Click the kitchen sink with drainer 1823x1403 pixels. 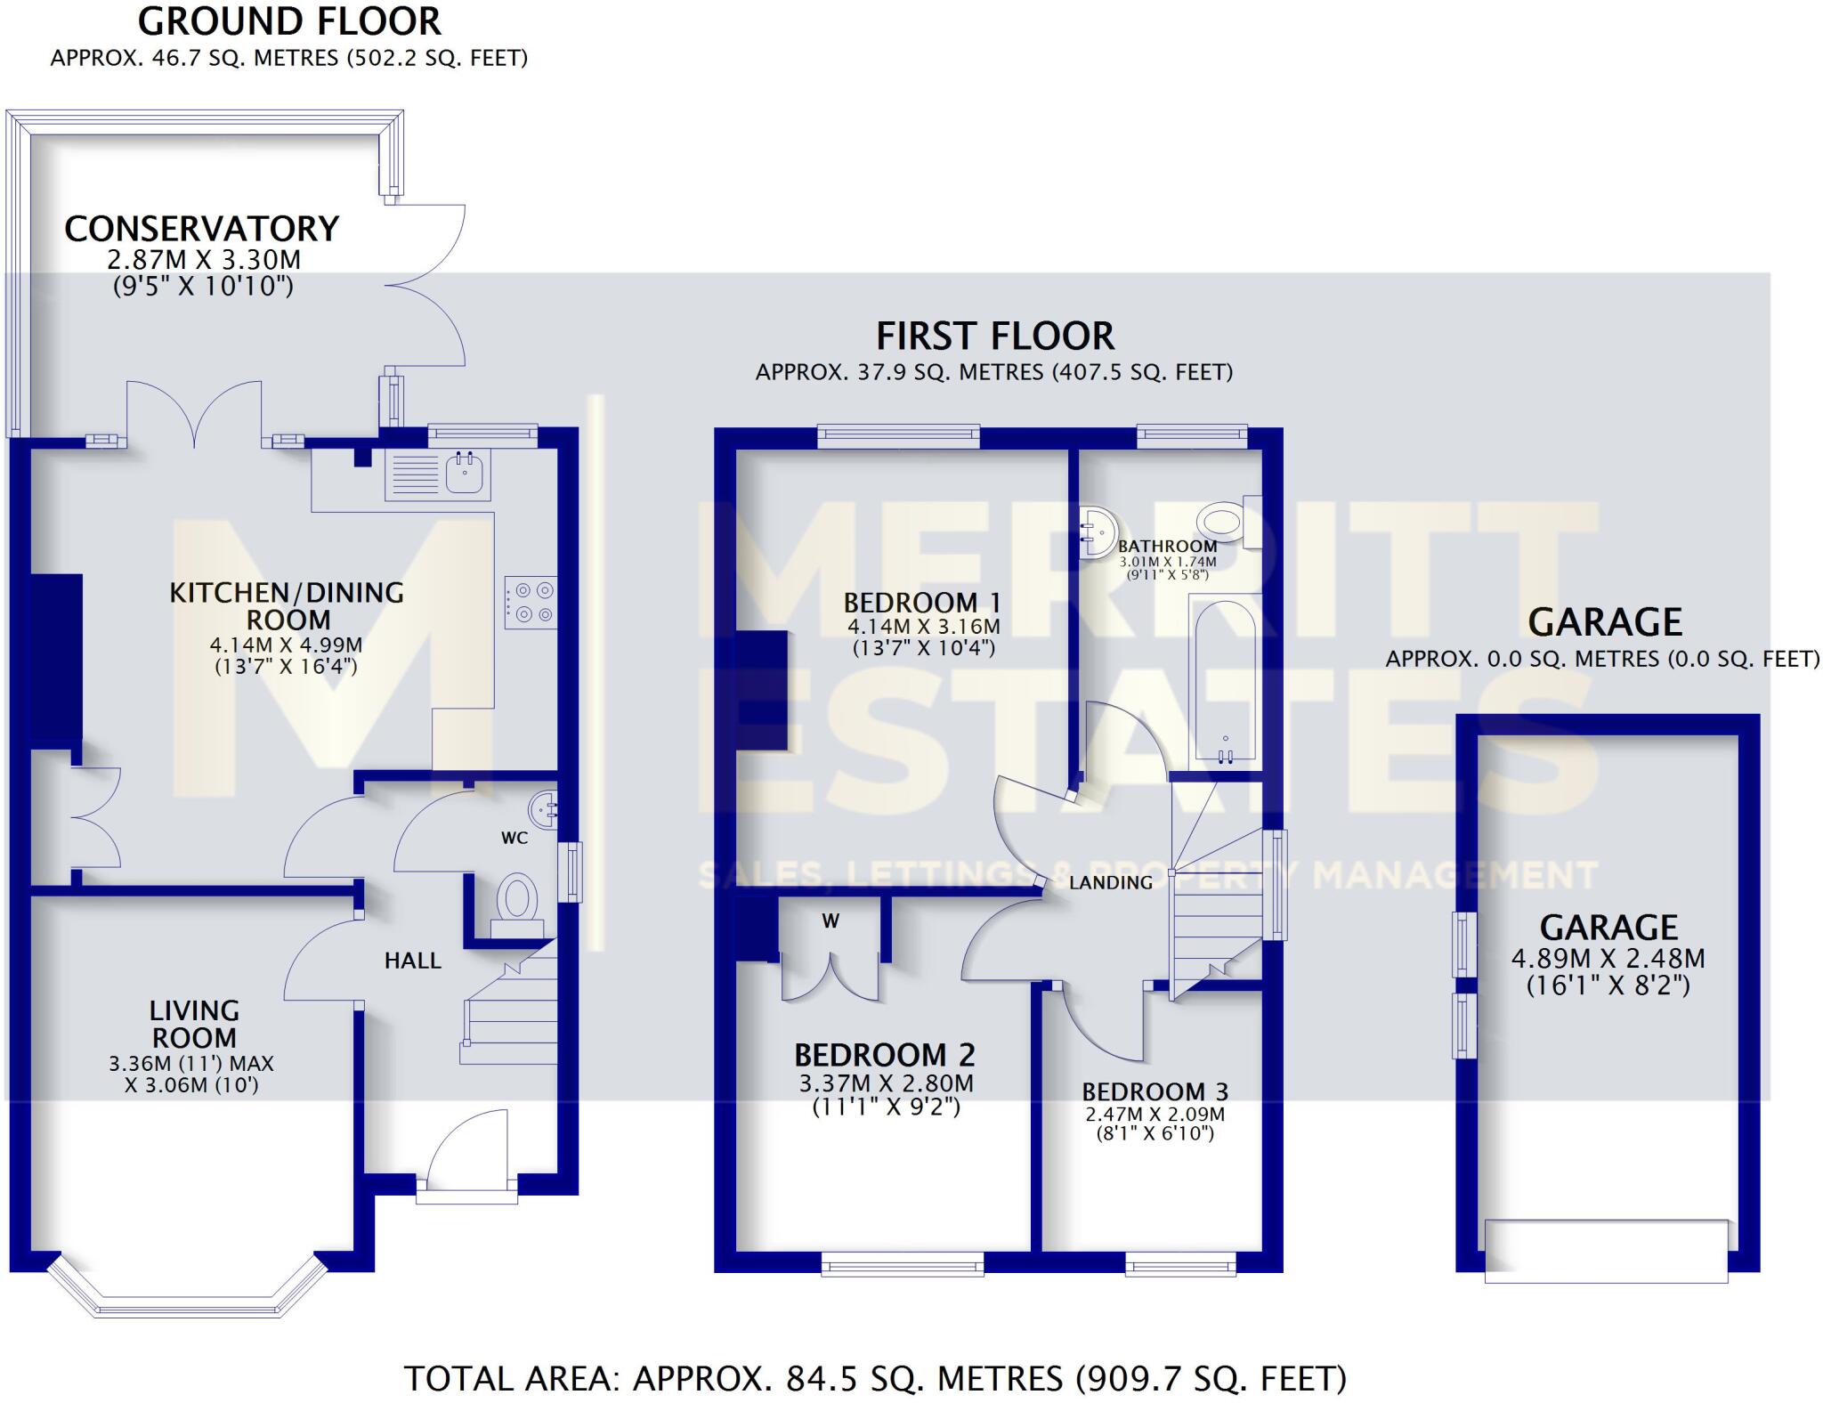pos(437,473)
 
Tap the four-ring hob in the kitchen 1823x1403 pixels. pos(531,603)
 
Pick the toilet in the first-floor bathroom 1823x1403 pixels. pos(1225,522)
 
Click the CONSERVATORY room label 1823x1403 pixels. pos(202,230)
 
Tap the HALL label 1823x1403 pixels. pos(412,961)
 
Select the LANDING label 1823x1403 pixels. pos(1110,882)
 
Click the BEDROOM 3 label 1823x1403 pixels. pos(1155,1091)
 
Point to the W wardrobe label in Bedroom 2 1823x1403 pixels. pos(830,921)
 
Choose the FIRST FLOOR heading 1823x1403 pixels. pos(994,337)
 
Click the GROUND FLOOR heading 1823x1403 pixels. pos(289,21)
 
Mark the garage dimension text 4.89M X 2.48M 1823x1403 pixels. pos(1608,959)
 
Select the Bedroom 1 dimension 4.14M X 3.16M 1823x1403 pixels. pos(923,626)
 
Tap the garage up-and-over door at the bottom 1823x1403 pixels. pos(1606,1251)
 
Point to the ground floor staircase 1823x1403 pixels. pos(508,1015)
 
